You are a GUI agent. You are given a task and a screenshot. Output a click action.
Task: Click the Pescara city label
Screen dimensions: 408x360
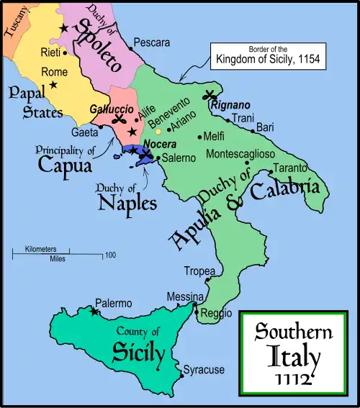(151, 43)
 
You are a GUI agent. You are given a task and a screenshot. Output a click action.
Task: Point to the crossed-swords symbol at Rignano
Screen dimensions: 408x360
(211, 94)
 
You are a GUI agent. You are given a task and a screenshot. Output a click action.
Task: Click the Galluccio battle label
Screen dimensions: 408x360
(109, 108)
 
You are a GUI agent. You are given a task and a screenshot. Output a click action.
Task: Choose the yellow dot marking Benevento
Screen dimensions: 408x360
(158, 131)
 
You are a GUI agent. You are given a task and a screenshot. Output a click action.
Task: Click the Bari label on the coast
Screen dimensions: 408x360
(265, 127)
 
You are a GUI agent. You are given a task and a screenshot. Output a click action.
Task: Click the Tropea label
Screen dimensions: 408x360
(198, 271)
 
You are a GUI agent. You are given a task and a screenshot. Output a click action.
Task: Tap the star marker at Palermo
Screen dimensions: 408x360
(94, 312)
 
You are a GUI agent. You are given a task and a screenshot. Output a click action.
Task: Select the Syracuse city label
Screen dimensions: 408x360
(204, 370)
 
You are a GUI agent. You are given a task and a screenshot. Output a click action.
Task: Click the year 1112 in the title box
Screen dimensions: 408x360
(294, 376)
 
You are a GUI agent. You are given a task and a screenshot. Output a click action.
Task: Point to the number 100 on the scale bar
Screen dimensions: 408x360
(110, 255)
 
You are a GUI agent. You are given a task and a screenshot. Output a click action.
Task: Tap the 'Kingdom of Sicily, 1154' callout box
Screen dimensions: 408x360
(267, 56)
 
